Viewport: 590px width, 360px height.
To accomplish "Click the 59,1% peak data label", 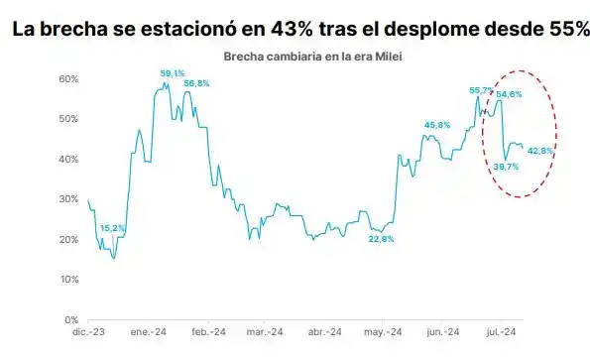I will pyautogui.click(x=174, y=73).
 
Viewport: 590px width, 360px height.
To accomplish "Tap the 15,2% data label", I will pyautogui.click(x=113, y=228).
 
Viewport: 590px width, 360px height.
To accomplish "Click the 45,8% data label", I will pyautogui.click(x=437, y=125).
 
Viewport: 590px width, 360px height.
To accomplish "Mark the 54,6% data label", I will pyautogui.click(x=511, y=94).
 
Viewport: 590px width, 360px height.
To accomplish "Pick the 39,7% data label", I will pyautogui.click(x=506, y=167).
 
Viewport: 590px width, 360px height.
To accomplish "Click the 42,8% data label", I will pyautogui.click(x=540, y=151).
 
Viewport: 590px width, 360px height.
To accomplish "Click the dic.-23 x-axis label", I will pyautogui.click(x=89, y=333).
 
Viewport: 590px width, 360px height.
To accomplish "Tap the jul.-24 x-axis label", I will pyautogui.click(x=503, y=333).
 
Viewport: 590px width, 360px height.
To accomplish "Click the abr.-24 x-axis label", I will pyautogui.click(x=324, y=333).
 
